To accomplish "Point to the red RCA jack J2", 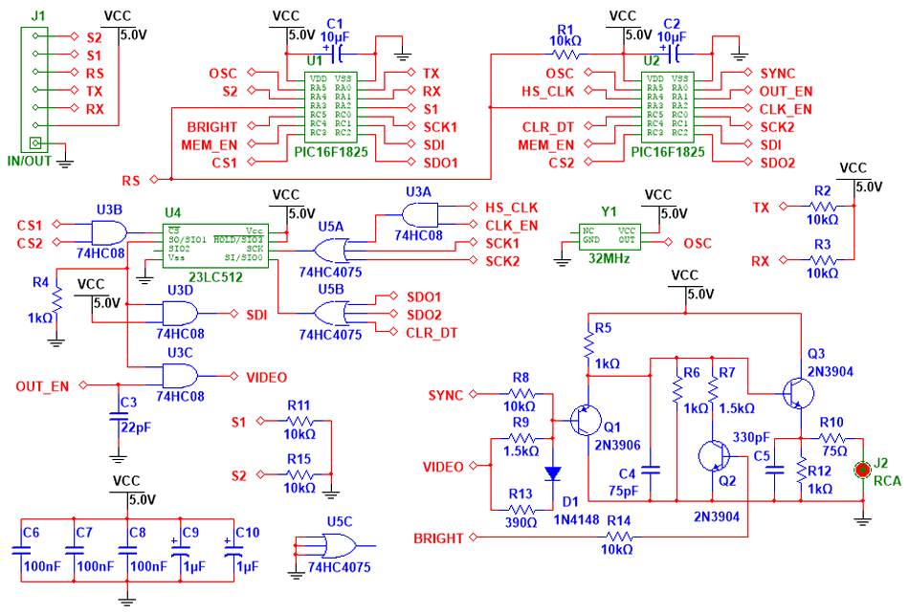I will tap(862, 470).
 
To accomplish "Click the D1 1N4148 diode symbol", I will tap(553, 472).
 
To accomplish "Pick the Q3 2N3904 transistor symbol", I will tap(796, 392).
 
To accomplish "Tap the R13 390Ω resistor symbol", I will tap(521, 509).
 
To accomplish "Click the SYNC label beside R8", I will tap(446, 394).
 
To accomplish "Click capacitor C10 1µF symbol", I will tap(230, 551).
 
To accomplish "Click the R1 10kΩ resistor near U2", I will tap(565, 55).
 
